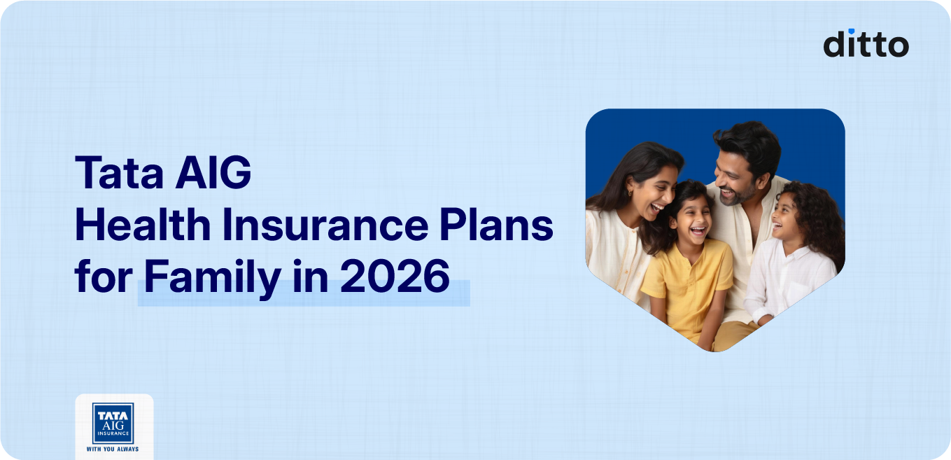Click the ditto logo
coord(866,43)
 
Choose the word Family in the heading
coord(212,278)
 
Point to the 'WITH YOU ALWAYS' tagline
coord(113,448)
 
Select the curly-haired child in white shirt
coord(798,252)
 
